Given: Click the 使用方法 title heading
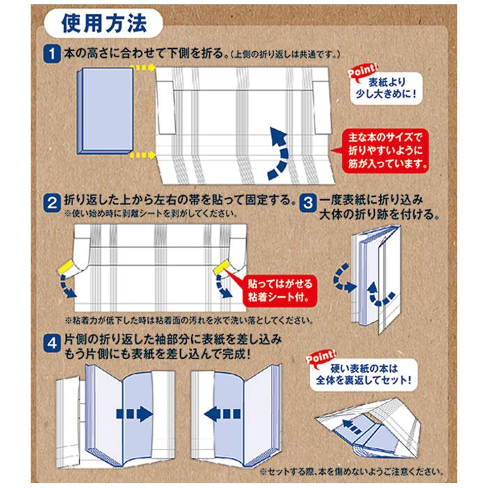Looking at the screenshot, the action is click(x=104, y=24).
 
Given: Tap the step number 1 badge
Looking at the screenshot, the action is click(x=52, y=54).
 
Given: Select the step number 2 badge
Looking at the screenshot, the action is click(x=52, y=203).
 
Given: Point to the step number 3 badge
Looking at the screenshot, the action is click(x=308, y=203).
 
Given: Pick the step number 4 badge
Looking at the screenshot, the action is click(x=52, y=343).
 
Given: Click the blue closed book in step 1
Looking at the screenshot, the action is click(x=105, y=111).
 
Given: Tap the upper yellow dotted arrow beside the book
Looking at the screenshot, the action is click(x=142, y=67).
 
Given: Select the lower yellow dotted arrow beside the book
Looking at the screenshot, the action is click(x=142, y=155).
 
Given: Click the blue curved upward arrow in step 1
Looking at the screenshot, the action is click(x=280, y=153).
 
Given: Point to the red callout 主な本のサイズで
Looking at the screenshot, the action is click(x=385, y=151).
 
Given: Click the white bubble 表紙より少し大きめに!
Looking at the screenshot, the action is click(x=386, y=88).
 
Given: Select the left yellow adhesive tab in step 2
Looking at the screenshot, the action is click(x=66, y=268).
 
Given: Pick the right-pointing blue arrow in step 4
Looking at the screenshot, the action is click(x=135, y=414).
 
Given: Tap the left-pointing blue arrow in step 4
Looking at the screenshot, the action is click(x=222, y=414).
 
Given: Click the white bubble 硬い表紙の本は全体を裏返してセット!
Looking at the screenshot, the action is click(x=363, y=375).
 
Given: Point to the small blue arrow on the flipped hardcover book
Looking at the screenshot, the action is click(x=351, y=426).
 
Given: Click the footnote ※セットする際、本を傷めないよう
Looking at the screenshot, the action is click(x=351, y=471).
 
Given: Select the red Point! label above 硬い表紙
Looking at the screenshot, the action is click(x=321, y=357).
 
